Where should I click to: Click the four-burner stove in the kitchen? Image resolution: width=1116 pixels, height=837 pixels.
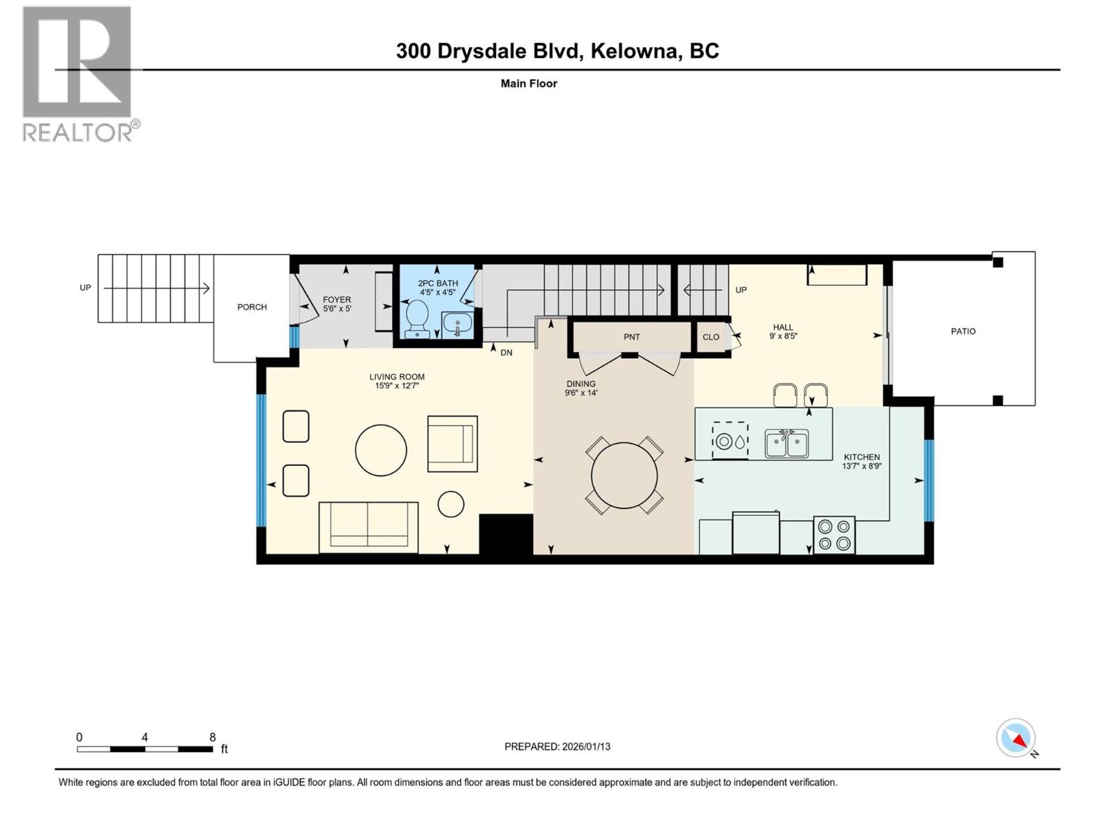(x=834, y=535)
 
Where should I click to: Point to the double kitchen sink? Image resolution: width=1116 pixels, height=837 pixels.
(x=787, y=444)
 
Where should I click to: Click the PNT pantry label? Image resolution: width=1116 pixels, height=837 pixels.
(x=631, y=337)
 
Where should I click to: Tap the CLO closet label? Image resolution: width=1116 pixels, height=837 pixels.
(x=711, y=337)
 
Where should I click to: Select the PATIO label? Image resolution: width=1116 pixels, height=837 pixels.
(x=963, y=331)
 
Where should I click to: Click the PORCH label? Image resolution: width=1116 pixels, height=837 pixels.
(x=252, y=307)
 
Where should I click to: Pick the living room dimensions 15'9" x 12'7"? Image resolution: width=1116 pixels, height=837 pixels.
(x=397, y=385)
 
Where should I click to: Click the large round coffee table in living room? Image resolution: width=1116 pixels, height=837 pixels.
(x=381, y=451)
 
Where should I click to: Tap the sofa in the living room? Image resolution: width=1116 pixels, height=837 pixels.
(x=368, y=527)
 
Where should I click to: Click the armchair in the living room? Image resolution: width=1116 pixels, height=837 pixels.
(x=452, y=444)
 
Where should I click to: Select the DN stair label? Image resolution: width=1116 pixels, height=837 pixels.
(x=506, y=353)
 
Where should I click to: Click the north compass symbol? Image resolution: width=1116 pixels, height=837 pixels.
(x=1016, y=739)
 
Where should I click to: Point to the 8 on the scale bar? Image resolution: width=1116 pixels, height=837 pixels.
(x=213, y=737)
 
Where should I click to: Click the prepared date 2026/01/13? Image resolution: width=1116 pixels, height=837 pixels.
(x=585, y=746)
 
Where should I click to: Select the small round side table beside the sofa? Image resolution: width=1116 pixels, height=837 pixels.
(x=451, y=504)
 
